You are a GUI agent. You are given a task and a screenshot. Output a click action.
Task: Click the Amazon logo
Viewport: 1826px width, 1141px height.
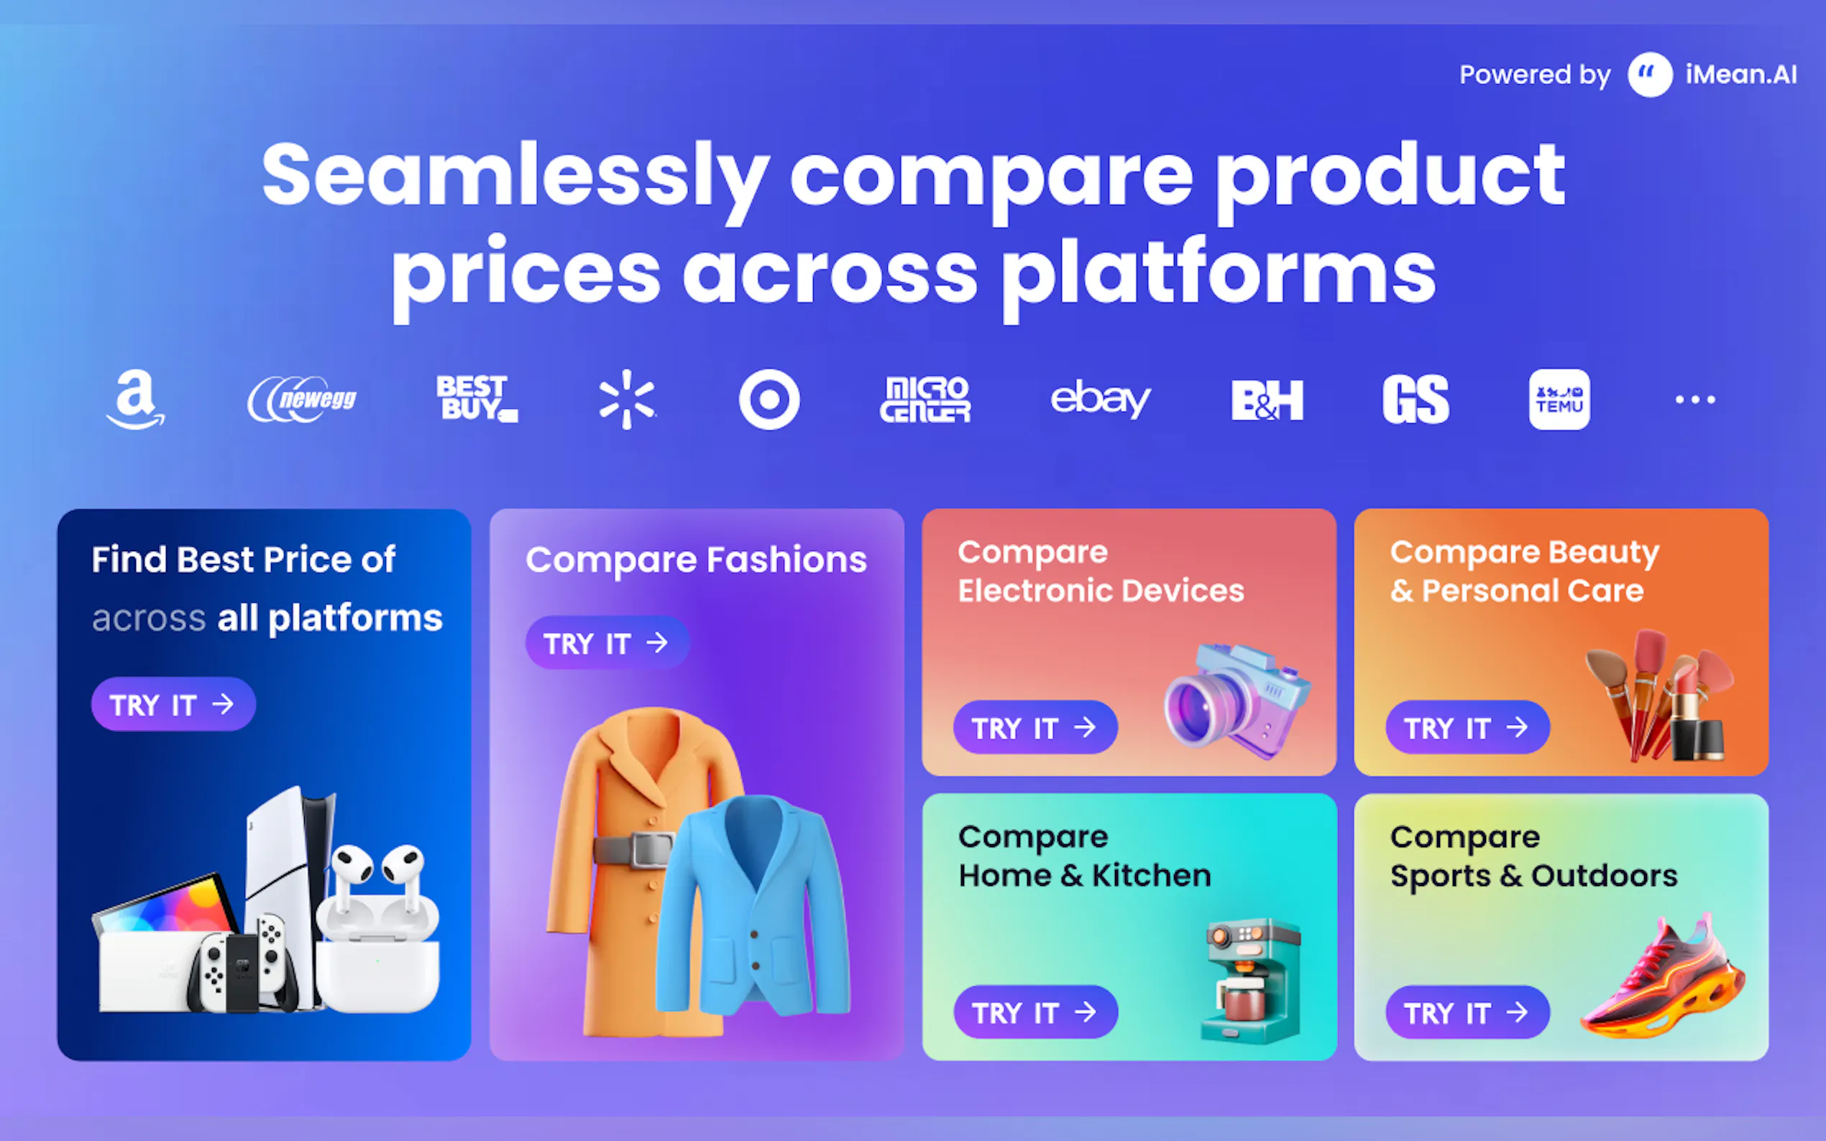coord(135,399)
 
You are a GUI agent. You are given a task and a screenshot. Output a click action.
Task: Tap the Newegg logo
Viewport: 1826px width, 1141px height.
coord(302,399)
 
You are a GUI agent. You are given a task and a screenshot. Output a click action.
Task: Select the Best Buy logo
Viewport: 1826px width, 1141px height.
coord(477,399)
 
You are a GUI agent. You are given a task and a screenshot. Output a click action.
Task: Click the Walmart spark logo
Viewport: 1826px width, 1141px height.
coord(627,399)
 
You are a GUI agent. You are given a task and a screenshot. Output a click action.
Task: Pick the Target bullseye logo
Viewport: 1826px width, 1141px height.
coord(769,399)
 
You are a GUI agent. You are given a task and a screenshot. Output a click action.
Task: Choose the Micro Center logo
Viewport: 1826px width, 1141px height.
coord(925,399)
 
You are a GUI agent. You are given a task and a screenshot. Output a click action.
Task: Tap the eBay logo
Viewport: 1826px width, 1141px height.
coord(1101,399)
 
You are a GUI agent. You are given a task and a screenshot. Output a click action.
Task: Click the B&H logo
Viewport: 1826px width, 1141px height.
coord(1267,399)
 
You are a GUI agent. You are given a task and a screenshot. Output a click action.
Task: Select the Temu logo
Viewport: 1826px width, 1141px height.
coord(1559,399)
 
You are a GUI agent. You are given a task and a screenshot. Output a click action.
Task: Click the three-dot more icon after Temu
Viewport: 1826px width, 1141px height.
coord(1695,399)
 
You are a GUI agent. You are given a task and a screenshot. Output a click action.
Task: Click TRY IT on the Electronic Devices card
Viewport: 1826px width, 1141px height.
coord(1035,727)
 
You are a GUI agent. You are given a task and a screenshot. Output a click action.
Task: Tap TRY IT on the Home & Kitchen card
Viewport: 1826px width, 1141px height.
coord(1035,1012)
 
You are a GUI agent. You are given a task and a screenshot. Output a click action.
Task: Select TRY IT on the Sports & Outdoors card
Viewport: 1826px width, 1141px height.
coord(1467,1012)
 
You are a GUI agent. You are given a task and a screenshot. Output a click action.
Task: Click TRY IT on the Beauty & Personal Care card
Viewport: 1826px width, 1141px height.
coord(1467,727)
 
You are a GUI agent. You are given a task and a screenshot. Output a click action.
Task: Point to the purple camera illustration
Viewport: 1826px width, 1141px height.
coord(1237,701)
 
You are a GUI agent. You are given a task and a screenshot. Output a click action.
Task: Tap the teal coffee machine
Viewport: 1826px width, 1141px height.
coord(1251,981)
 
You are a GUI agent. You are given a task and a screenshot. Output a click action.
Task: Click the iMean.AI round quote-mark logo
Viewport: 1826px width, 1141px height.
coord(1649,74)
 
